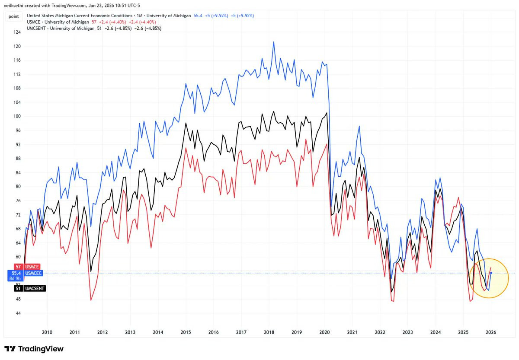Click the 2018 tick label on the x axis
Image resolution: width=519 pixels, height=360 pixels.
(269, 332)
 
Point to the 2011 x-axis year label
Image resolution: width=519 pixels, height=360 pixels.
(75, 332)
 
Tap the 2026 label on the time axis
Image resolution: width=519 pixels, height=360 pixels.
(491, 332)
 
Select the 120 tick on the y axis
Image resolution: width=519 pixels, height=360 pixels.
(17, 46)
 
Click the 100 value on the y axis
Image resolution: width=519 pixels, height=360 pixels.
(17, 116)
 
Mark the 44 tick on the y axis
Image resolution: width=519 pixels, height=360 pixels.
(16, 313)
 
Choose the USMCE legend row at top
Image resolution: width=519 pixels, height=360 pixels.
(82, 22)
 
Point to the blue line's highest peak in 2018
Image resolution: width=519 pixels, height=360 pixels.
(274, 42)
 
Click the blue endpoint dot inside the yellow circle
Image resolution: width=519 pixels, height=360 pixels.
(491, 273)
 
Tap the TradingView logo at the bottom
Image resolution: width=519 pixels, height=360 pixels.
(34, 349)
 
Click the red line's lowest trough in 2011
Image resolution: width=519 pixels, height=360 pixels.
(91, 300)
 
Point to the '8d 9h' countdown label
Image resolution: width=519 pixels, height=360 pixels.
(16, 278)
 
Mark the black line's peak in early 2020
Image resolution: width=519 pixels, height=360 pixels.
(326, 113)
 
